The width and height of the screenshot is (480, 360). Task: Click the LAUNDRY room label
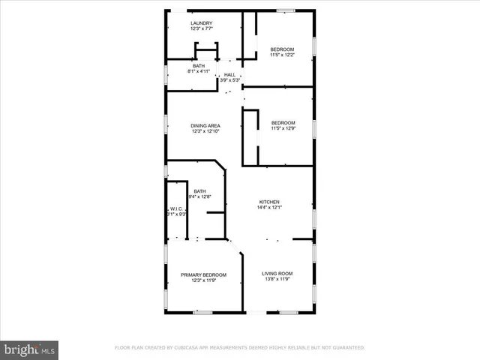(x=201, y=23)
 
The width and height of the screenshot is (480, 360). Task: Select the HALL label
(x=229, y=74)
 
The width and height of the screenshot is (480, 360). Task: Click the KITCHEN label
(x=269, y=202)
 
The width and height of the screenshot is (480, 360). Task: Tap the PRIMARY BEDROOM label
(x=203, y=274)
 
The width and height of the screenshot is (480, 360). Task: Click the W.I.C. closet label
(x=177, y=208)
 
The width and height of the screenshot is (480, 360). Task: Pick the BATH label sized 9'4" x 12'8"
(x=199, y=191)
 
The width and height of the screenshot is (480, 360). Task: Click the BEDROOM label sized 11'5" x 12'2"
(x=282, y=49)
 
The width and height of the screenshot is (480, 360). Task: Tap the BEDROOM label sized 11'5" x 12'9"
(x=283, y=122)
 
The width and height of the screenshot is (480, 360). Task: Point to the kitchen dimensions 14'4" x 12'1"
(x=269, y=208)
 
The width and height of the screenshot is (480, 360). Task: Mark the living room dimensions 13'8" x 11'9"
(x=277, y=280)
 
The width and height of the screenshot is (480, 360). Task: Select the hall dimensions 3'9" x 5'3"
(x=229, y=80)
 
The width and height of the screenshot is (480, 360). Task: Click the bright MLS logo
(x=30, y=350)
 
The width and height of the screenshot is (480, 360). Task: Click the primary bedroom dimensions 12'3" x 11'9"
(x=203, y=281)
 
